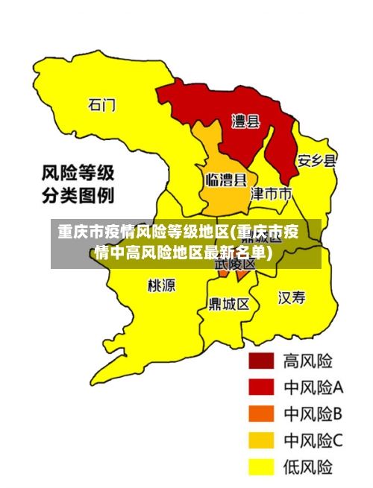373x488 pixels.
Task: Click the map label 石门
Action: click(101, 104)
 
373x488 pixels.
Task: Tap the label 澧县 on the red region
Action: click(245, 121)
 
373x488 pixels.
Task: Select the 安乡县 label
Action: click(316, 160)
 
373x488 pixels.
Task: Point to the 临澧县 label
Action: click(226, 180)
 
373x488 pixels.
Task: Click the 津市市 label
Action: click(271, 194)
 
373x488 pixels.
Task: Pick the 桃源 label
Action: click(162, 285)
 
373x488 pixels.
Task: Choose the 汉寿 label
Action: click(292, 298)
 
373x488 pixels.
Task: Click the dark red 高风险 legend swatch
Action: click(262, 362)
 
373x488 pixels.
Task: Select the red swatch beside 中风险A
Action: click(262, 388)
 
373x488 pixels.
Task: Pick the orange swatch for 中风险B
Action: click(262, 414)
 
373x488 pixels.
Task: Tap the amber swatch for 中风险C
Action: click(262, 440)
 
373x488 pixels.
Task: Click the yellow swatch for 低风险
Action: click(262, 466)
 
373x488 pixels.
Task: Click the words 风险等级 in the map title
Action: click(77, 174)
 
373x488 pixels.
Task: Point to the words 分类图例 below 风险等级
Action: click(77, 197)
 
